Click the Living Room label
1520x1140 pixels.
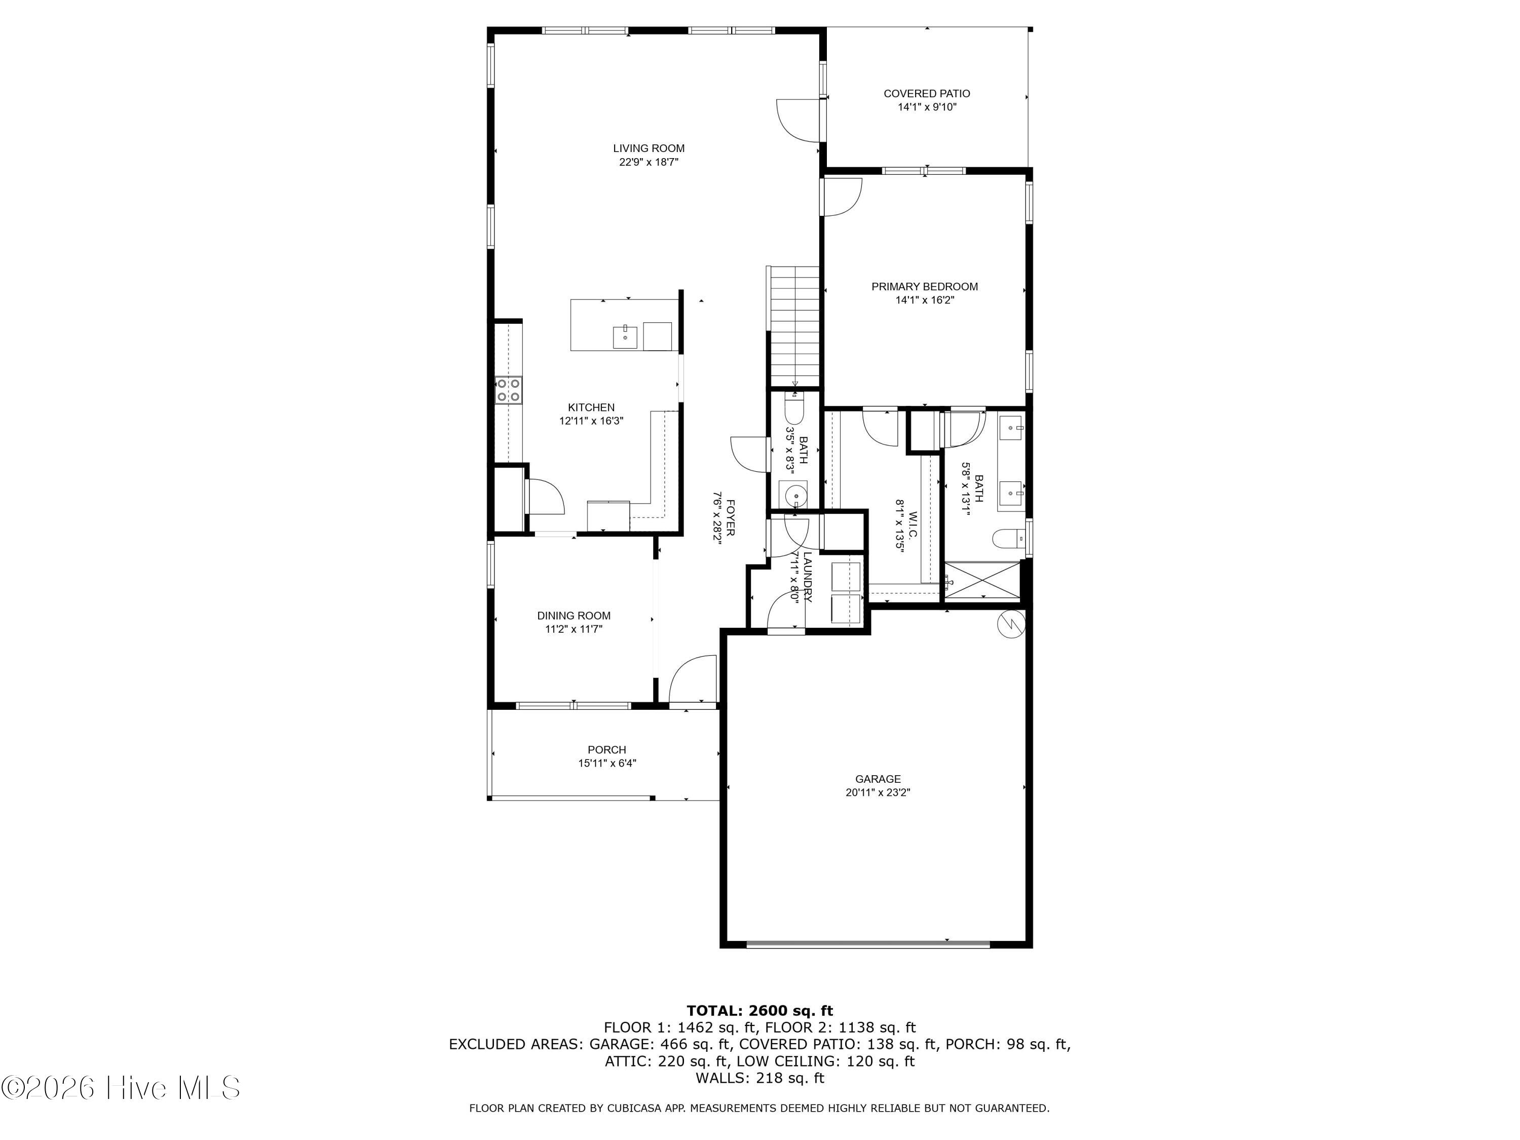pos(649,148)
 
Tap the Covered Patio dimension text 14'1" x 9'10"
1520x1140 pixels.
pos(927,107)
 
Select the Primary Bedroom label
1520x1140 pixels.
pos(924,287)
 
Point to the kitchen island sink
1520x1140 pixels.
pos(144,337)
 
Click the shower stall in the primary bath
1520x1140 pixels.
pos(982,581)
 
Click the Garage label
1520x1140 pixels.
pos(878,779)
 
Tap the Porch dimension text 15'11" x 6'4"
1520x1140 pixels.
pos(607,763)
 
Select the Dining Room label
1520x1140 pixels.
pos(574,616)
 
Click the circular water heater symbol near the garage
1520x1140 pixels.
pos(1011,623)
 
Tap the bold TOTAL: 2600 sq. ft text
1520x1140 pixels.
pos(759,1010)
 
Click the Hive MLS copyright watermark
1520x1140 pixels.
pos(121,1088)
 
